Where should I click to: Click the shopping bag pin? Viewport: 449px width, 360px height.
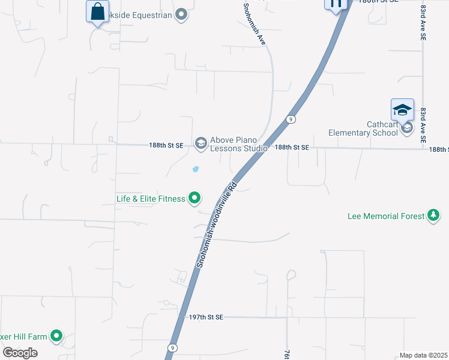click(x=97, y=11)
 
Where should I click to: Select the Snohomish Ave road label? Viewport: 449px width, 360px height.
click(x=255, y=24)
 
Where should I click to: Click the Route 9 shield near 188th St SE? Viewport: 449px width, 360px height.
click(x=290, y=119)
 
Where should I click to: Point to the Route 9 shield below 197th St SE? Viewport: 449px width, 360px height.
click(x=173, y=348)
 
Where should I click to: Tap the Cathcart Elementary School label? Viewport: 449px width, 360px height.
click(x=363, y=128)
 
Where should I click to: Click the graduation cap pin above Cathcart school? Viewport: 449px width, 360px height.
click(x=402, y=110)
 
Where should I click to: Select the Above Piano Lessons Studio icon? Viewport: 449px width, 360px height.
click(x=200, y=143)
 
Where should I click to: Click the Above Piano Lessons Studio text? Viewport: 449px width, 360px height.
click(x=238, y=144)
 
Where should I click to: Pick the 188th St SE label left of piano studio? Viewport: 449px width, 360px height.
click(x=166, y=145)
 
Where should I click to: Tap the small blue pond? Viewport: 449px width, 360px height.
click(x=195, y=169)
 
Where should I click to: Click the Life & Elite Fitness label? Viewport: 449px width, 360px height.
click(x=151, y=199)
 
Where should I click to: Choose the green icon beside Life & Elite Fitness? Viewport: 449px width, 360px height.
click(x=194, y=197)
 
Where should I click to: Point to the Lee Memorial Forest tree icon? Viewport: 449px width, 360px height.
click(x=433, y=215)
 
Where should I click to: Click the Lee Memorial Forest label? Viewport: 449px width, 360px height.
click(x=386, y=216)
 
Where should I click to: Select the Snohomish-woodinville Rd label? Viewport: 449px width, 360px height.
click(x=217, y=224)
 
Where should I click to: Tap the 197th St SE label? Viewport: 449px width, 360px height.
click(x=206, y=317)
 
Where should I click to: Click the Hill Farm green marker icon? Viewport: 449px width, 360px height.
click(x=56, y=336)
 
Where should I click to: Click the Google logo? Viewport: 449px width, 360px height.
click(x=20, y=352)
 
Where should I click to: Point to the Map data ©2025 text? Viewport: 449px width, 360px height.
click(x=423, y=355)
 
